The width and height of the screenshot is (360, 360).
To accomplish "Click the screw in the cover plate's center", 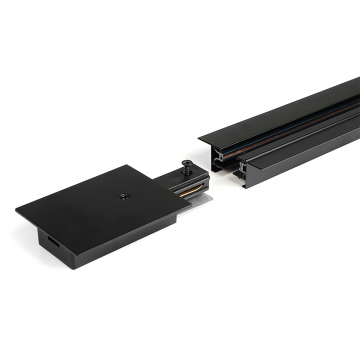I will (123, 196).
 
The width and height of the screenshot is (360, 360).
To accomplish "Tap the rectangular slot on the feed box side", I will (52, 240).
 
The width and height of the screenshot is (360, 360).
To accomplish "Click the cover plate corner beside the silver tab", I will (190, 204).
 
